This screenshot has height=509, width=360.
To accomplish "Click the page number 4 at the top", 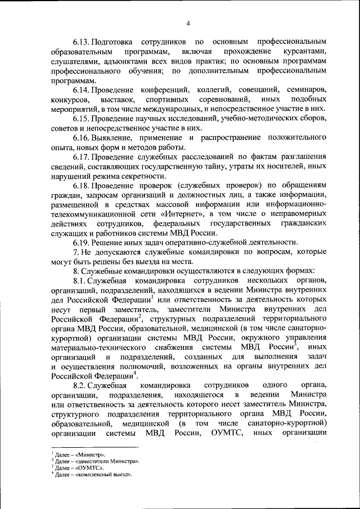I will point(188,23).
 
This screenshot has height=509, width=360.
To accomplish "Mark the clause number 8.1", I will point(78,280).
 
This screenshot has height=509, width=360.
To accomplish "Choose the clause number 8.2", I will point(78,385).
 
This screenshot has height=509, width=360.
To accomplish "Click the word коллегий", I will point(205,90).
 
